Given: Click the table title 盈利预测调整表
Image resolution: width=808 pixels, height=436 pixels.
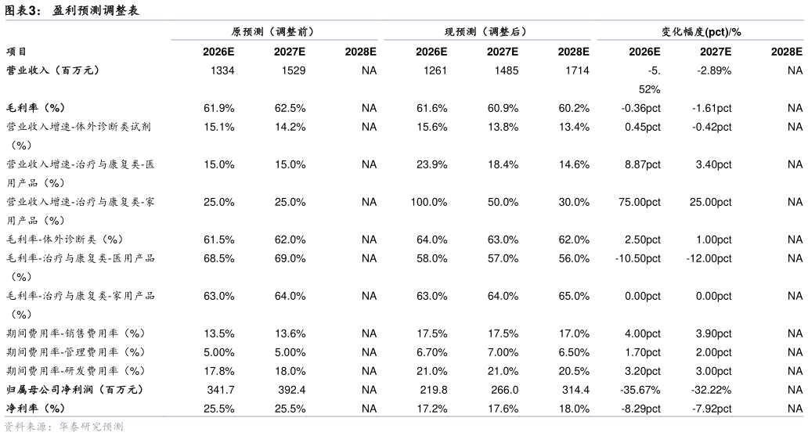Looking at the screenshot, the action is (x=96, y=10).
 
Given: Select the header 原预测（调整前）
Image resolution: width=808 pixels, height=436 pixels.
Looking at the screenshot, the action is (x=273, y=31).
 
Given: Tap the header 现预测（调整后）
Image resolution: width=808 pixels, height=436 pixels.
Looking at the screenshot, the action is (x=486, y=31).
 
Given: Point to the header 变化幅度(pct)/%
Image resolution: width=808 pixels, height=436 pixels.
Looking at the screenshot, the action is (x=702, y=32).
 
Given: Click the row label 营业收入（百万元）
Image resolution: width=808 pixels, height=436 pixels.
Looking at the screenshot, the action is (x=53, y=70).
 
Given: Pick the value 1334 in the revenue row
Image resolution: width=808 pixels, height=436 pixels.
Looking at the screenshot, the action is (x=222, y=70).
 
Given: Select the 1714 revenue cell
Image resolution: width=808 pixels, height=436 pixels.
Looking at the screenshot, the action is (x=577, y=70).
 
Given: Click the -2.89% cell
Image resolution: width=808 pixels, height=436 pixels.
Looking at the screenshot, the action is (x=714, y=70).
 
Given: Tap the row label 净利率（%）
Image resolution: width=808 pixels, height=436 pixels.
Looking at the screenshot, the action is (x=35, y=409).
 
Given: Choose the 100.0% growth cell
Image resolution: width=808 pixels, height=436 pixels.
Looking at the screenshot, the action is (x=429, y=202).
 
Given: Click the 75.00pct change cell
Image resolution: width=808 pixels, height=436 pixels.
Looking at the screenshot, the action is (x=640, y=202).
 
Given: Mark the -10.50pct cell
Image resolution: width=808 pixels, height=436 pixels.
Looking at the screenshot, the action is (x=638, y=258).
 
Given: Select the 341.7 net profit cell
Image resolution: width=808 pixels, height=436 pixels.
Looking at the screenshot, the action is (x=221, y=390).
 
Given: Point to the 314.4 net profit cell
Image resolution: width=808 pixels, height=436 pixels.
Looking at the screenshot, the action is (x=575, y=390).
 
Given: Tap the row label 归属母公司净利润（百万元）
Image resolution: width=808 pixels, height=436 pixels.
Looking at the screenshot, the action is (x=74, y=390).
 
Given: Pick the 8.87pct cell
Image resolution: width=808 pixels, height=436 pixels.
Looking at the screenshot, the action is (x=643, y=164).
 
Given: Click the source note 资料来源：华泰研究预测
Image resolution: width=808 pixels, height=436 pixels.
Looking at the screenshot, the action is (x=64, y=427).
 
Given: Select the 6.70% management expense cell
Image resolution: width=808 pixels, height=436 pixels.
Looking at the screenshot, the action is (x=432, y=352).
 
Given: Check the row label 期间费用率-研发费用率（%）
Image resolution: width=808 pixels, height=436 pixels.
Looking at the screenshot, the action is (x=76, y=371).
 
